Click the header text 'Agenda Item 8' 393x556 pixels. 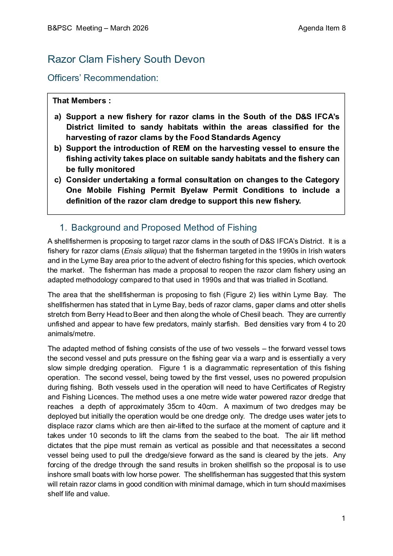click(x=322, y=28)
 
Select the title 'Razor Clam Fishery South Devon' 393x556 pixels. click(x=126, y=59)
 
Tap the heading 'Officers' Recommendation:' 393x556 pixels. click(x=103, y=78)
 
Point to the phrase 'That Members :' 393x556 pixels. click(x=82, y=101)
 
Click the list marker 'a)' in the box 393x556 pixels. click(x=58, y=117)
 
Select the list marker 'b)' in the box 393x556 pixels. click(x=58, y=148)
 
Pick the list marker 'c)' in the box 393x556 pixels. click(x=58, y=180)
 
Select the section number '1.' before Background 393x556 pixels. click(x=63, y=228)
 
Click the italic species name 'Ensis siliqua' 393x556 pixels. click(x=144, y=251)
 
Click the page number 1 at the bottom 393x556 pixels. click(x=344, y=518)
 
